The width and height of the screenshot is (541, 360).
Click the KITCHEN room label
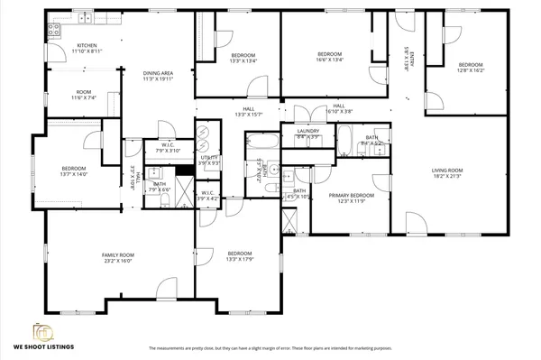(x=87, y=45)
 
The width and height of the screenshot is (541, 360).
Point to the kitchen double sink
(x=86, y=18)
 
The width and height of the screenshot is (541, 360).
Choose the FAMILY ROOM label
(x=117, y=256)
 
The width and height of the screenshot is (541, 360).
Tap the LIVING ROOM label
(x=446, y=171)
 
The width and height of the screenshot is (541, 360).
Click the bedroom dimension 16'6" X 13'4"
(x=329, y=60)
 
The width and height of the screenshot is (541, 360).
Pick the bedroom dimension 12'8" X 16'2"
(x=471, y=69)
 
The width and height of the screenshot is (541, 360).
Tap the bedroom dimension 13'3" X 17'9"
(x=239, y=259)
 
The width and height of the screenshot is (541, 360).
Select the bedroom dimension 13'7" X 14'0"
(x=74, y=174)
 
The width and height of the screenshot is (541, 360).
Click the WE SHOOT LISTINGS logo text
(x=42, y=346)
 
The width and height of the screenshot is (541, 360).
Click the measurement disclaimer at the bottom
(x=270, y=347)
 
